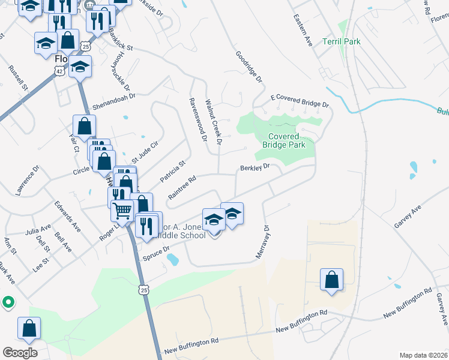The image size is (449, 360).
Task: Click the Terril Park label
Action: [x=342, y=42]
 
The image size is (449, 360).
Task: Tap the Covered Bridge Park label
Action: [x=284, y=140]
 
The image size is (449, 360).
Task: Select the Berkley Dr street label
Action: [x=256, y=168]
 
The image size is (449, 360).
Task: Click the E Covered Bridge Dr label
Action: [x=300, y=100]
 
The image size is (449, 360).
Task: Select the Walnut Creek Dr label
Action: [x=214, y=122]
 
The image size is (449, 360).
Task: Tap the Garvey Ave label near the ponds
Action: [x=408, y=215]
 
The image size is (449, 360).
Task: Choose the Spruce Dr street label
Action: [x=157, y=253]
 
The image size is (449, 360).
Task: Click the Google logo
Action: [x=20, y=352]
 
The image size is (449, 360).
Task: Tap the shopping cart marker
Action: [x=122, y=210]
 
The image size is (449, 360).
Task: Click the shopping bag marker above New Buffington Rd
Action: [x=331, y=279]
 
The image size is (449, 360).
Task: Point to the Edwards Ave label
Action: [x=67, y=215]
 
